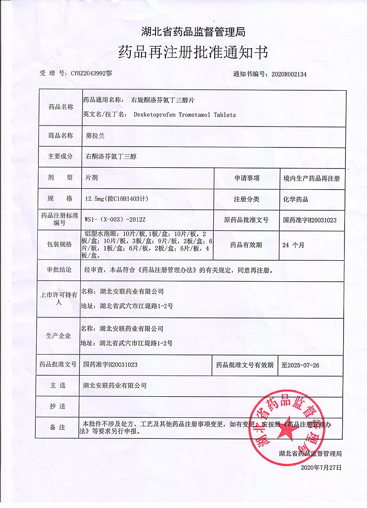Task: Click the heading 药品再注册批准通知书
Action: point(193,52)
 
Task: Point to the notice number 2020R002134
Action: point(289,74)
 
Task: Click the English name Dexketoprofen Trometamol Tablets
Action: point(185,115)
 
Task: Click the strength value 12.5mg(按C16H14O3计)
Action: point(117,199)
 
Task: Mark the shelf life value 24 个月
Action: point(293,245)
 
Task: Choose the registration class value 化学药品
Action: point(296,199)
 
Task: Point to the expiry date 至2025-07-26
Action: point(300,365)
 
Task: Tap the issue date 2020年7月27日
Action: point(322,468)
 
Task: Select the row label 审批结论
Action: point(60,270)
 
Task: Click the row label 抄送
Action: point(58,406)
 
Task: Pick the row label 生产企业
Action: point(58,336)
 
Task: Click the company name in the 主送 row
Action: point(114,386)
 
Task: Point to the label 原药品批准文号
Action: point(246,220)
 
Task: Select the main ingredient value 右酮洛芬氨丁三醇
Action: point(111,157)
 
